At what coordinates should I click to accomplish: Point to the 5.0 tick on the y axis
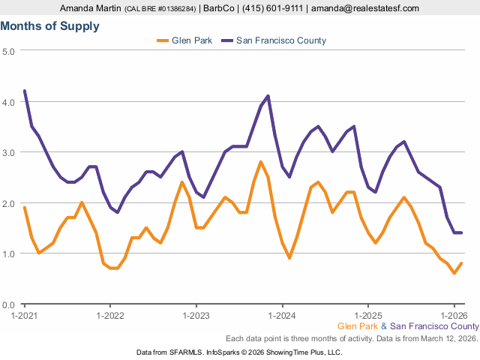pyautogui.click(x=9, y=51)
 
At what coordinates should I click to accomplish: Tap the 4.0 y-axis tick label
pyautogui.click(x=9, y=101)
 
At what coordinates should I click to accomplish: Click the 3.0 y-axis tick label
pyautogui.click(x=9, y=152)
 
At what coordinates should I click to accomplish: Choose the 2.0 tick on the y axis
pyautogui.click(x=9, y=203)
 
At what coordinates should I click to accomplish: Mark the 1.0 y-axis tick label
pyautogui.click(x=9, y=254)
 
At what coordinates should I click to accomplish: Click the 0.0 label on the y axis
pyautogui.click(x=9, y=304)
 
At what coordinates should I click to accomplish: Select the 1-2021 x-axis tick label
pyautogui.click(x=25, y=315)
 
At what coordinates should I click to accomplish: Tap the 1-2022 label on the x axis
pyautogui.click(x=110, y=315)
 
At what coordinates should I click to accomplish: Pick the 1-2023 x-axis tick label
pyautogui.click(x=196, y=315)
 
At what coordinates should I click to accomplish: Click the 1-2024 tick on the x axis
pyautogui.click(x=282, y=315)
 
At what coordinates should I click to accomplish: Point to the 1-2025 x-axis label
pyautogui.click(x=368, y=315)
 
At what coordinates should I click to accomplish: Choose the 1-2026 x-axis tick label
pyautogui.click(x=454, y=315)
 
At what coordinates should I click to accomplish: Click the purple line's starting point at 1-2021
pyautogui.click(x=25, y=91)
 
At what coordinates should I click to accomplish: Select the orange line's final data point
pyautogui.click(x=461, y=263)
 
